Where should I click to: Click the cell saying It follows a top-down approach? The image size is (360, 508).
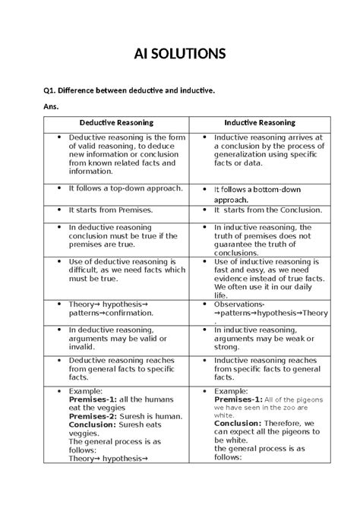click(x=118, y=186)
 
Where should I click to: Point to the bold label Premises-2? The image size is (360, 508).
click(x=94, y=416)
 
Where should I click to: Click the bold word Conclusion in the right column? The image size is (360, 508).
click(x=238, y=425)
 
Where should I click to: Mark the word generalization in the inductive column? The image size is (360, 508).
click(x=247, y=155)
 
